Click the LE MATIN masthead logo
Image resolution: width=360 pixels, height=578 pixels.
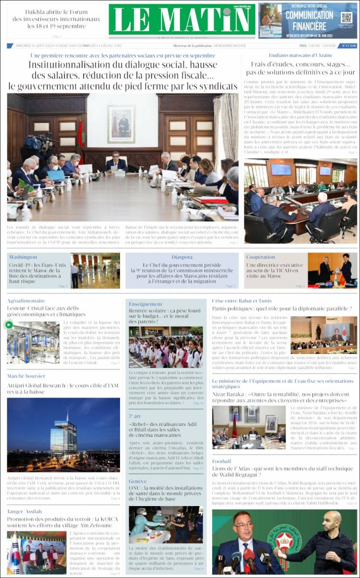[182, 20]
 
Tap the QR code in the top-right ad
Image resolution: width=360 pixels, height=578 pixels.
[347, 18]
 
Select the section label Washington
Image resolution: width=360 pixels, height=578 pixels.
[23, 257]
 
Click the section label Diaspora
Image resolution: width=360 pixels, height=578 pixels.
[182, 257]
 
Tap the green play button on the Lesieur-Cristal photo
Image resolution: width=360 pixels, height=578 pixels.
[9, 325]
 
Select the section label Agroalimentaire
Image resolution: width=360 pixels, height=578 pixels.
[26, 301]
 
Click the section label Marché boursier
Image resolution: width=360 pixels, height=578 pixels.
[26, 376]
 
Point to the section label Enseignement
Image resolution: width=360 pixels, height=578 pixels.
[145, 304]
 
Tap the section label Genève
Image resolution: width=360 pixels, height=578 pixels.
[138, 481]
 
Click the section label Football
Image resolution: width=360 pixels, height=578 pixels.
[222, 461]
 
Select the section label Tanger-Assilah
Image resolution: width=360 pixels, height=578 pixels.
[24, 511]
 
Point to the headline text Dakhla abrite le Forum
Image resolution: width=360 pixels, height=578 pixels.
[56, 12]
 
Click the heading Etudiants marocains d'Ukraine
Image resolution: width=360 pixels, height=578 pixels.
[300, 55]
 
